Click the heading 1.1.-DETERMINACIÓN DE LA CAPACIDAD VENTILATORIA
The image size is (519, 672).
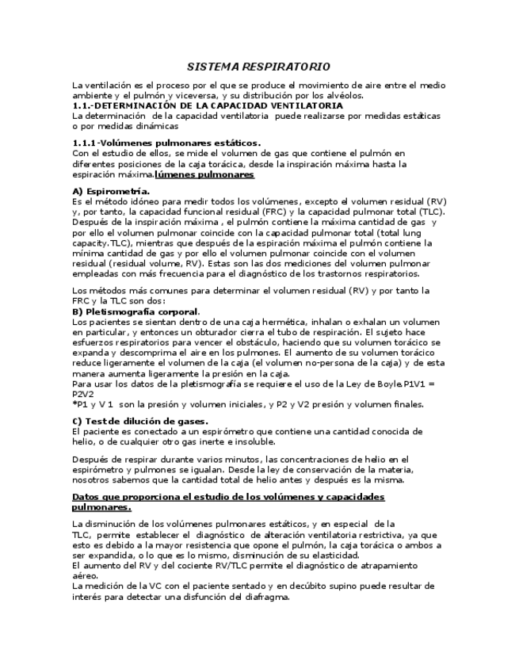click(208, 105)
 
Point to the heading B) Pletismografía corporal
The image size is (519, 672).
click(136, 311)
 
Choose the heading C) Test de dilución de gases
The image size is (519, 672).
click(140, 420)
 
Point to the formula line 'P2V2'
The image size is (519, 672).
click(83, 392)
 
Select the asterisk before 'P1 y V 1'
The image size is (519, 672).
click(74, 403)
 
